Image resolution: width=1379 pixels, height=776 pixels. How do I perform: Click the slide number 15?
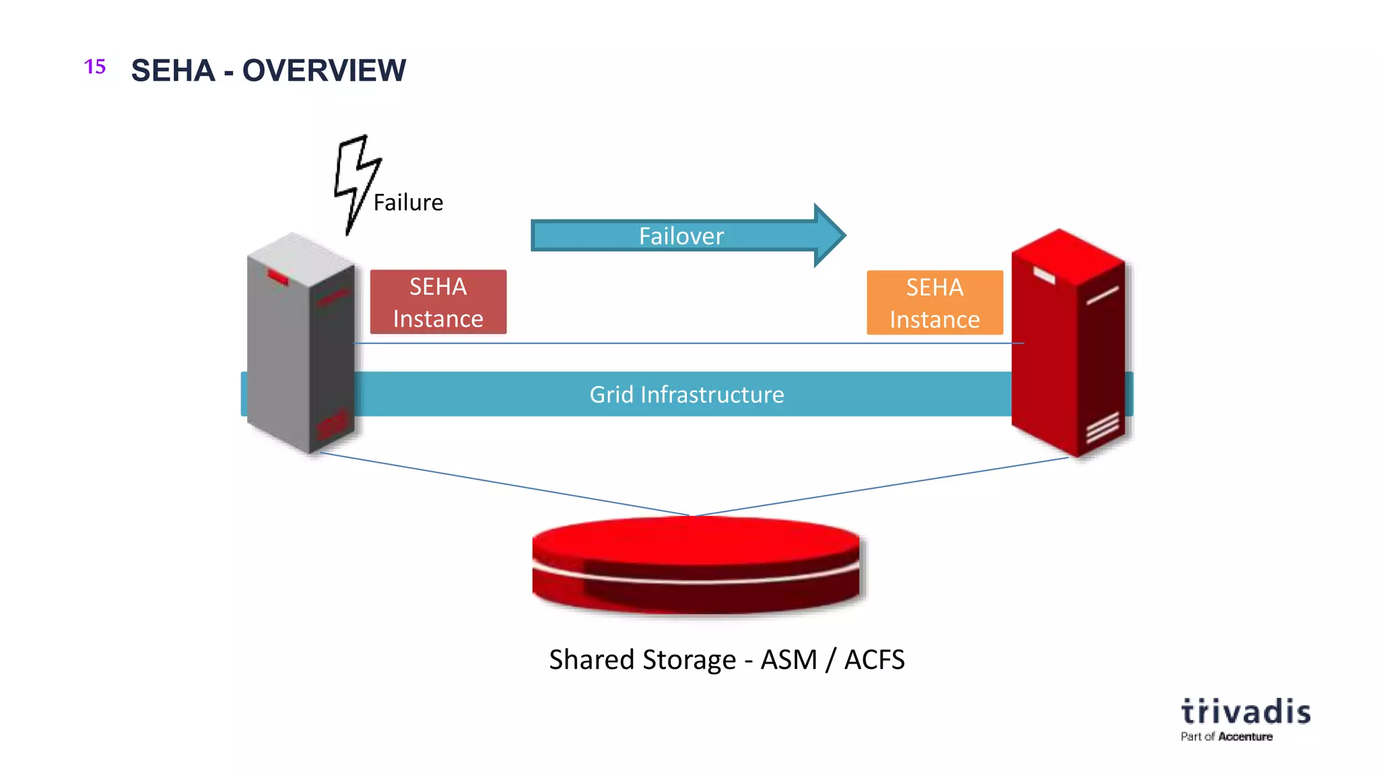(95, 67)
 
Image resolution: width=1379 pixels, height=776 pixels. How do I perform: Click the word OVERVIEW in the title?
(324, 70)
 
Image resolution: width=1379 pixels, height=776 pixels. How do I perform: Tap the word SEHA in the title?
(173, 70)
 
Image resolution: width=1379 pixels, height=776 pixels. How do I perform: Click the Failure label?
(408, 202)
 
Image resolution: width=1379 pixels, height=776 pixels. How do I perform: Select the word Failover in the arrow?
(681, 236)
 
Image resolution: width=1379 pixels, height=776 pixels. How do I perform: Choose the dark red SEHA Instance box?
(438, 302)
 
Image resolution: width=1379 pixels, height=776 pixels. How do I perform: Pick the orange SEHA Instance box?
(935, 302)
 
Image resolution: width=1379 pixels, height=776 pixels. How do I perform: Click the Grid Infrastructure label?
(687, 394)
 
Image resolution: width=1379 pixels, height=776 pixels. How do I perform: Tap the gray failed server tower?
(301, 344)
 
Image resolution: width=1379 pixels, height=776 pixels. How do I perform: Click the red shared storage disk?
(696, 564)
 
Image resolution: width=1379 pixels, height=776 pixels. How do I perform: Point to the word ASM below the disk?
(788, 659)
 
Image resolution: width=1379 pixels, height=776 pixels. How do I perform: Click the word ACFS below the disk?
(874, 659)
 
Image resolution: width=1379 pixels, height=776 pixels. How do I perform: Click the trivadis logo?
(1246, 712)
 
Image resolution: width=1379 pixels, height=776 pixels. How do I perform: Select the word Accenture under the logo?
(1245, 736)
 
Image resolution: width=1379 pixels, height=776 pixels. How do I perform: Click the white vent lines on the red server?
(1102, 427)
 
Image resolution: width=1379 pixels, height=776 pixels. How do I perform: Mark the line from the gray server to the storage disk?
(505, 484)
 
